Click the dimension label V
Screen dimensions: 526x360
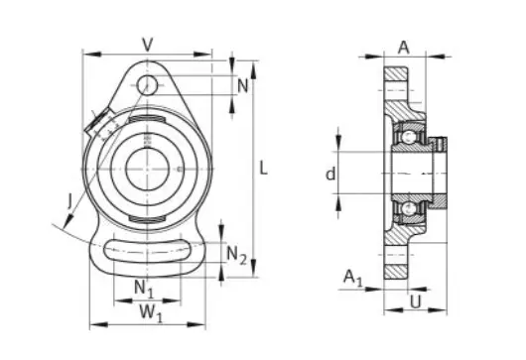tap(148, 45)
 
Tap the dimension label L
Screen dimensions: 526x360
tap(264, 168)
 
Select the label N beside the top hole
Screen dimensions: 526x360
tap(243, 86)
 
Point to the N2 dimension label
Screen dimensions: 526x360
tap(237, 255)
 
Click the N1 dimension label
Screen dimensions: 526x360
tap(144, 289)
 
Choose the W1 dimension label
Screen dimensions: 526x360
tap(151, 313)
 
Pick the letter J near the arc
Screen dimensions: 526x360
tap(70, 202)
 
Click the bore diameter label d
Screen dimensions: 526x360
tap(330, 174)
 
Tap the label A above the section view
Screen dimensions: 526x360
tap(404, 48)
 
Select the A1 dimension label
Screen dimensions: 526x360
tap(353, 279)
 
